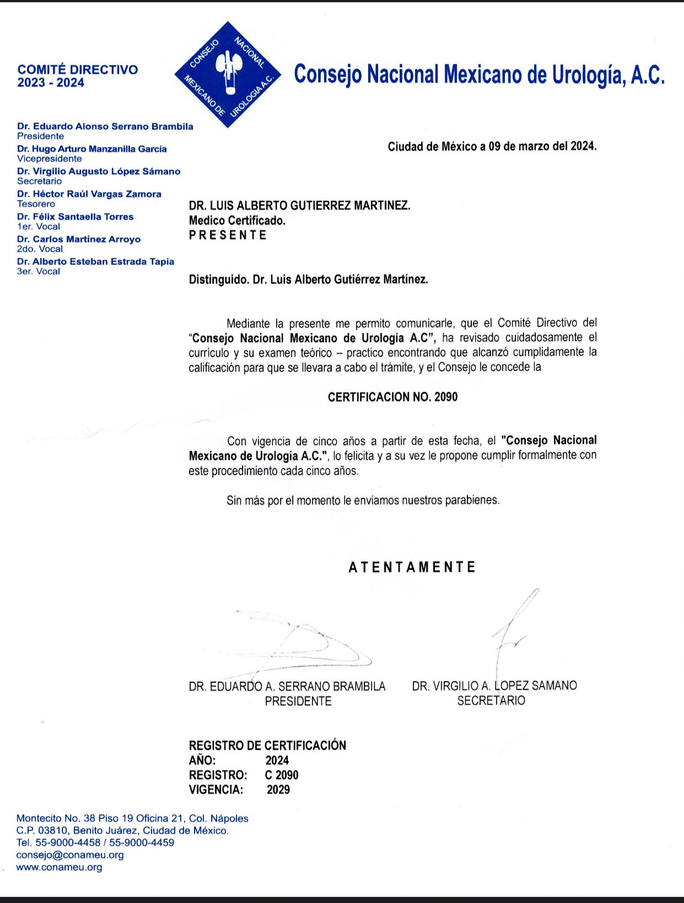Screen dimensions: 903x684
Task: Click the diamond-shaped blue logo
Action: coord(228,74)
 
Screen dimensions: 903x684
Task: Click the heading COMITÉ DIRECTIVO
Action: coord(78,70)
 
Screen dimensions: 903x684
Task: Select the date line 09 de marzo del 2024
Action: coord(492,146)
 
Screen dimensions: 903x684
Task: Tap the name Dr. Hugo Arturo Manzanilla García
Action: coord(91,149)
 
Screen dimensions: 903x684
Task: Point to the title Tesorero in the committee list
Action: coord(36,204)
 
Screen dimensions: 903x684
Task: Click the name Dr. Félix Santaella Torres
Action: coord(75,217)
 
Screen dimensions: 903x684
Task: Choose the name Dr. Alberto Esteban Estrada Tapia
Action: coord(95,262)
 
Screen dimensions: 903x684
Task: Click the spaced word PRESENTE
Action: coord(228,235)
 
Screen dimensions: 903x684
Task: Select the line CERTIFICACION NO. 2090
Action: coord(392,397)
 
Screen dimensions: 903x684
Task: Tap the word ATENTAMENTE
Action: coord(412,567)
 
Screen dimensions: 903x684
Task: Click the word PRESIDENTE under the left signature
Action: coord(298,701)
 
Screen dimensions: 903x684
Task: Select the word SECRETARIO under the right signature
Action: coord(491,701)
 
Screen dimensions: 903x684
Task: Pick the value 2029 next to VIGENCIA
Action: coord(278,790)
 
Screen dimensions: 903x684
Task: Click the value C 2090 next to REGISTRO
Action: coord(282,775)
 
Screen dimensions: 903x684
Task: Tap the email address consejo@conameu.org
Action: coord(70,855)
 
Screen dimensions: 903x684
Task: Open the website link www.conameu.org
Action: coord(59,867)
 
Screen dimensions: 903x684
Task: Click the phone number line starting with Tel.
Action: coord(95,842)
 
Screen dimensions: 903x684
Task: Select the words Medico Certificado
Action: coord(237,220)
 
